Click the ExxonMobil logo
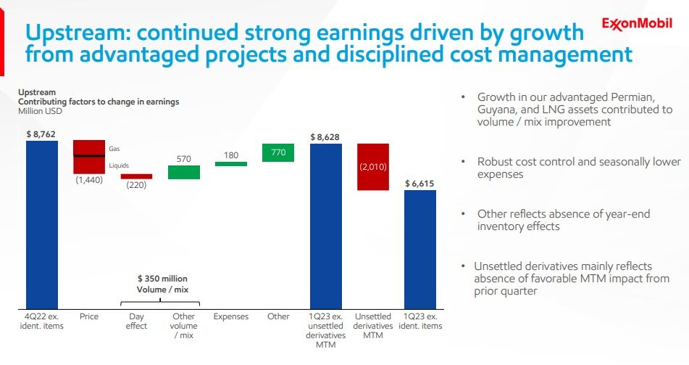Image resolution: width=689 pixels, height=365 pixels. [637, 23]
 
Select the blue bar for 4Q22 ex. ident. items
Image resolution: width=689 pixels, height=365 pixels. [42, 224]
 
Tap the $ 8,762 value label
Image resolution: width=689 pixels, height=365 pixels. [41, 134]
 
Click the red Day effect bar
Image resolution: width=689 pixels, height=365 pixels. [137, 176]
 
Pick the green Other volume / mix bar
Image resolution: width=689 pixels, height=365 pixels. [184, 172]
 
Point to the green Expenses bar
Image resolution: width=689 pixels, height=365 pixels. [231, 164]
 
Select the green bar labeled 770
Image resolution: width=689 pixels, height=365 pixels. [278, 153]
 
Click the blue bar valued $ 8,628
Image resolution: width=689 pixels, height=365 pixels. [326, 226]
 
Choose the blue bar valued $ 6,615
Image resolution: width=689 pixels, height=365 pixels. [420, 250]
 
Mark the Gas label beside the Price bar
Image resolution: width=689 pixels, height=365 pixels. [114, 149]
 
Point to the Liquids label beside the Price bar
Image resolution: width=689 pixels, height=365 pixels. [119, 165]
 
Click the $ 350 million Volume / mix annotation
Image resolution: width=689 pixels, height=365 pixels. [162, 284]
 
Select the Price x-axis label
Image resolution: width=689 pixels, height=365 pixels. [89, 316]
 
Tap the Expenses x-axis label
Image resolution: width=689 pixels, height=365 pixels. [231, 316]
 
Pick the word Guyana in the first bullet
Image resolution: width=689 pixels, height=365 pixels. [493, 110]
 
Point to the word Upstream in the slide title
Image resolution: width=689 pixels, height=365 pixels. [78, 33]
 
